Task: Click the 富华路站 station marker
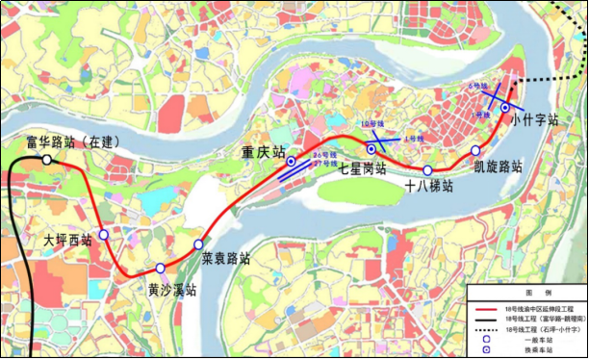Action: pyautogui.click(x=46, y=159)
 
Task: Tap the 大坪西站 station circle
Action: pyautogui.click(x=104, y=234)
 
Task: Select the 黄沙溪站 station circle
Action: pyautogui.click(x=161, y=269)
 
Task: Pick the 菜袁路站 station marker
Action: pyautogui.click(x=198, y=244)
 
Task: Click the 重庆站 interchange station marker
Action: pyautogui.click(x=292, y=163)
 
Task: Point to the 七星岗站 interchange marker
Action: pyautogui.click(x=371, y=148)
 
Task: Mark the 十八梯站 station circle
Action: pyautogui.click(x=427, y=170)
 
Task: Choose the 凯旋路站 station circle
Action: pyautogui.click(x=475, y=151)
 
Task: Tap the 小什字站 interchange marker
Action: pyautogui.click(x=504, y=108)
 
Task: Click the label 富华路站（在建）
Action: pyautogui.click(x=73, y=141)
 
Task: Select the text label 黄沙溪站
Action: pyautogui.click(x=172, y=289)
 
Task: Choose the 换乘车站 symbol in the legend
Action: pyautogui.click(x=488, y=349)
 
